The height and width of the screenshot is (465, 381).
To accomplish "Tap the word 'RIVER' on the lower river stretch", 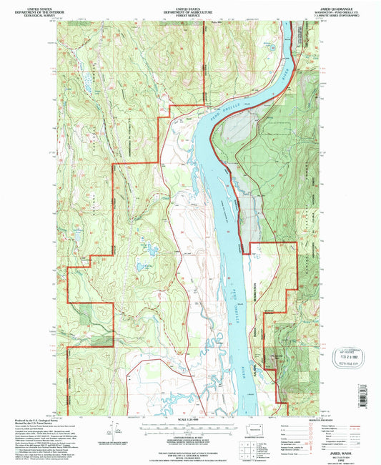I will [247, 353].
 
